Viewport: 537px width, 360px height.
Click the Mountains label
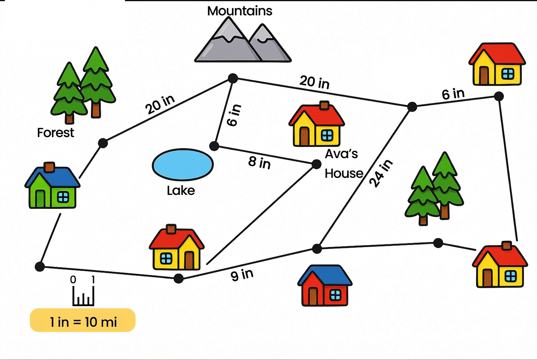coord(240,11)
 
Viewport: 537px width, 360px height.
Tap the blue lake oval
coord(183,165)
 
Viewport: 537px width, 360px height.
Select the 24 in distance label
coord(381,173)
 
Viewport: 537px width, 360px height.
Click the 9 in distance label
coord(242,275)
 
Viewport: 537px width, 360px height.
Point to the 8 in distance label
coord(259,162)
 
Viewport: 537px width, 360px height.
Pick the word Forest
coord(56,133)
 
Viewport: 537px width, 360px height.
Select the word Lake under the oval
coord(181,191)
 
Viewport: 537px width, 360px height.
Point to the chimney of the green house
coord(50,167)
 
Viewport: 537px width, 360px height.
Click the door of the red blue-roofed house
coord(313,296)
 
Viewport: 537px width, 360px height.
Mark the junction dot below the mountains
coord(232,78)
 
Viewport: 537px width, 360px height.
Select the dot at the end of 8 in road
coord(316,164)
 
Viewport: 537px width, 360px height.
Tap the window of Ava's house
coord(327,135)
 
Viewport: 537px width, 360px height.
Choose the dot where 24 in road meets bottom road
coord(317,248)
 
